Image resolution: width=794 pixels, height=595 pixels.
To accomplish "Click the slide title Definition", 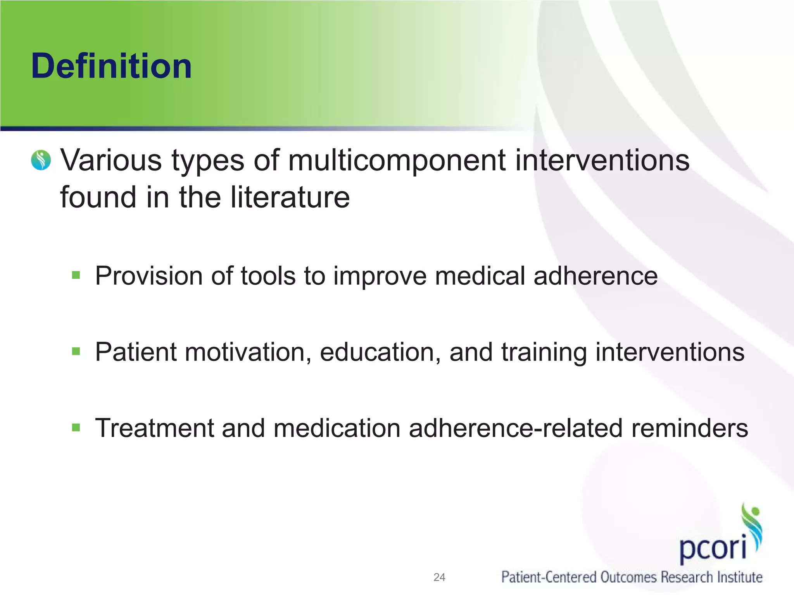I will coord(111,66).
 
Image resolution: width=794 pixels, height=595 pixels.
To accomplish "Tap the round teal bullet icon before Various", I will coord(41,160).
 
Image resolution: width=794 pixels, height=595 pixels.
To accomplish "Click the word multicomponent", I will coord(397,160).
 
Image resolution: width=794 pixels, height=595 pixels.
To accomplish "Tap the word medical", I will coord(480,276).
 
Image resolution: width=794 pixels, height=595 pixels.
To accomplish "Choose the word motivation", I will coord(248,352).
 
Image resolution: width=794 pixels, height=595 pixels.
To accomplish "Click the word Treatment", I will coord(155,428).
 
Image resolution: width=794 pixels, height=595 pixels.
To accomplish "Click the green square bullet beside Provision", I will coord(76,275).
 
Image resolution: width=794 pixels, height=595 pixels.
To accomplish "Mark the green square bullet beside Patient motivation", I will coord(76,351).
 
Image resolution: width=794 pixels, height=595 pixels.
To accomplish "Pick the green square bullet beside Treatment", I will coord(76,428).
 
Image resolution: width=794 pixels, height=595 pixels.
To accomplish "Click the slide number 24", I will coord(439,577).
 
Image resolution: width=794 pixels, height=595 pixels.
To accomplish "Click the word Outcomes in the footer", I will coord(628,577).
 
